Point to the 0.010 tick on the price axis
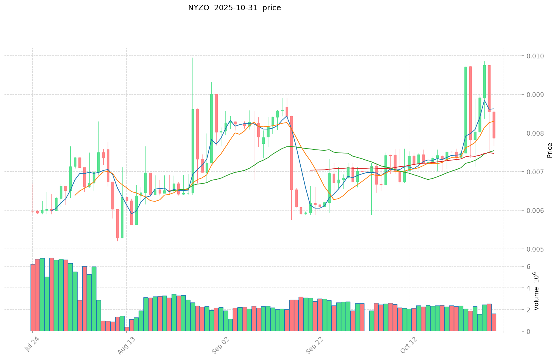tap(536, 56)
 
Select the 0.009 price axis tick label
tap(536, 95)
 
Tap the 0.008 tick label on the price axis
tap(536, 133)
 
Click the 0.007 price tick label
tap(536, 172)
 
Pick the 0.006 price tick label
tap(536, 211)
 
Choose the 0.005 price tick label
tap(536, 249)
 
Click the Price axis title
tap(549, 150)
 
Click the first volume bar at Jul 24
tap(33, 298)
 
